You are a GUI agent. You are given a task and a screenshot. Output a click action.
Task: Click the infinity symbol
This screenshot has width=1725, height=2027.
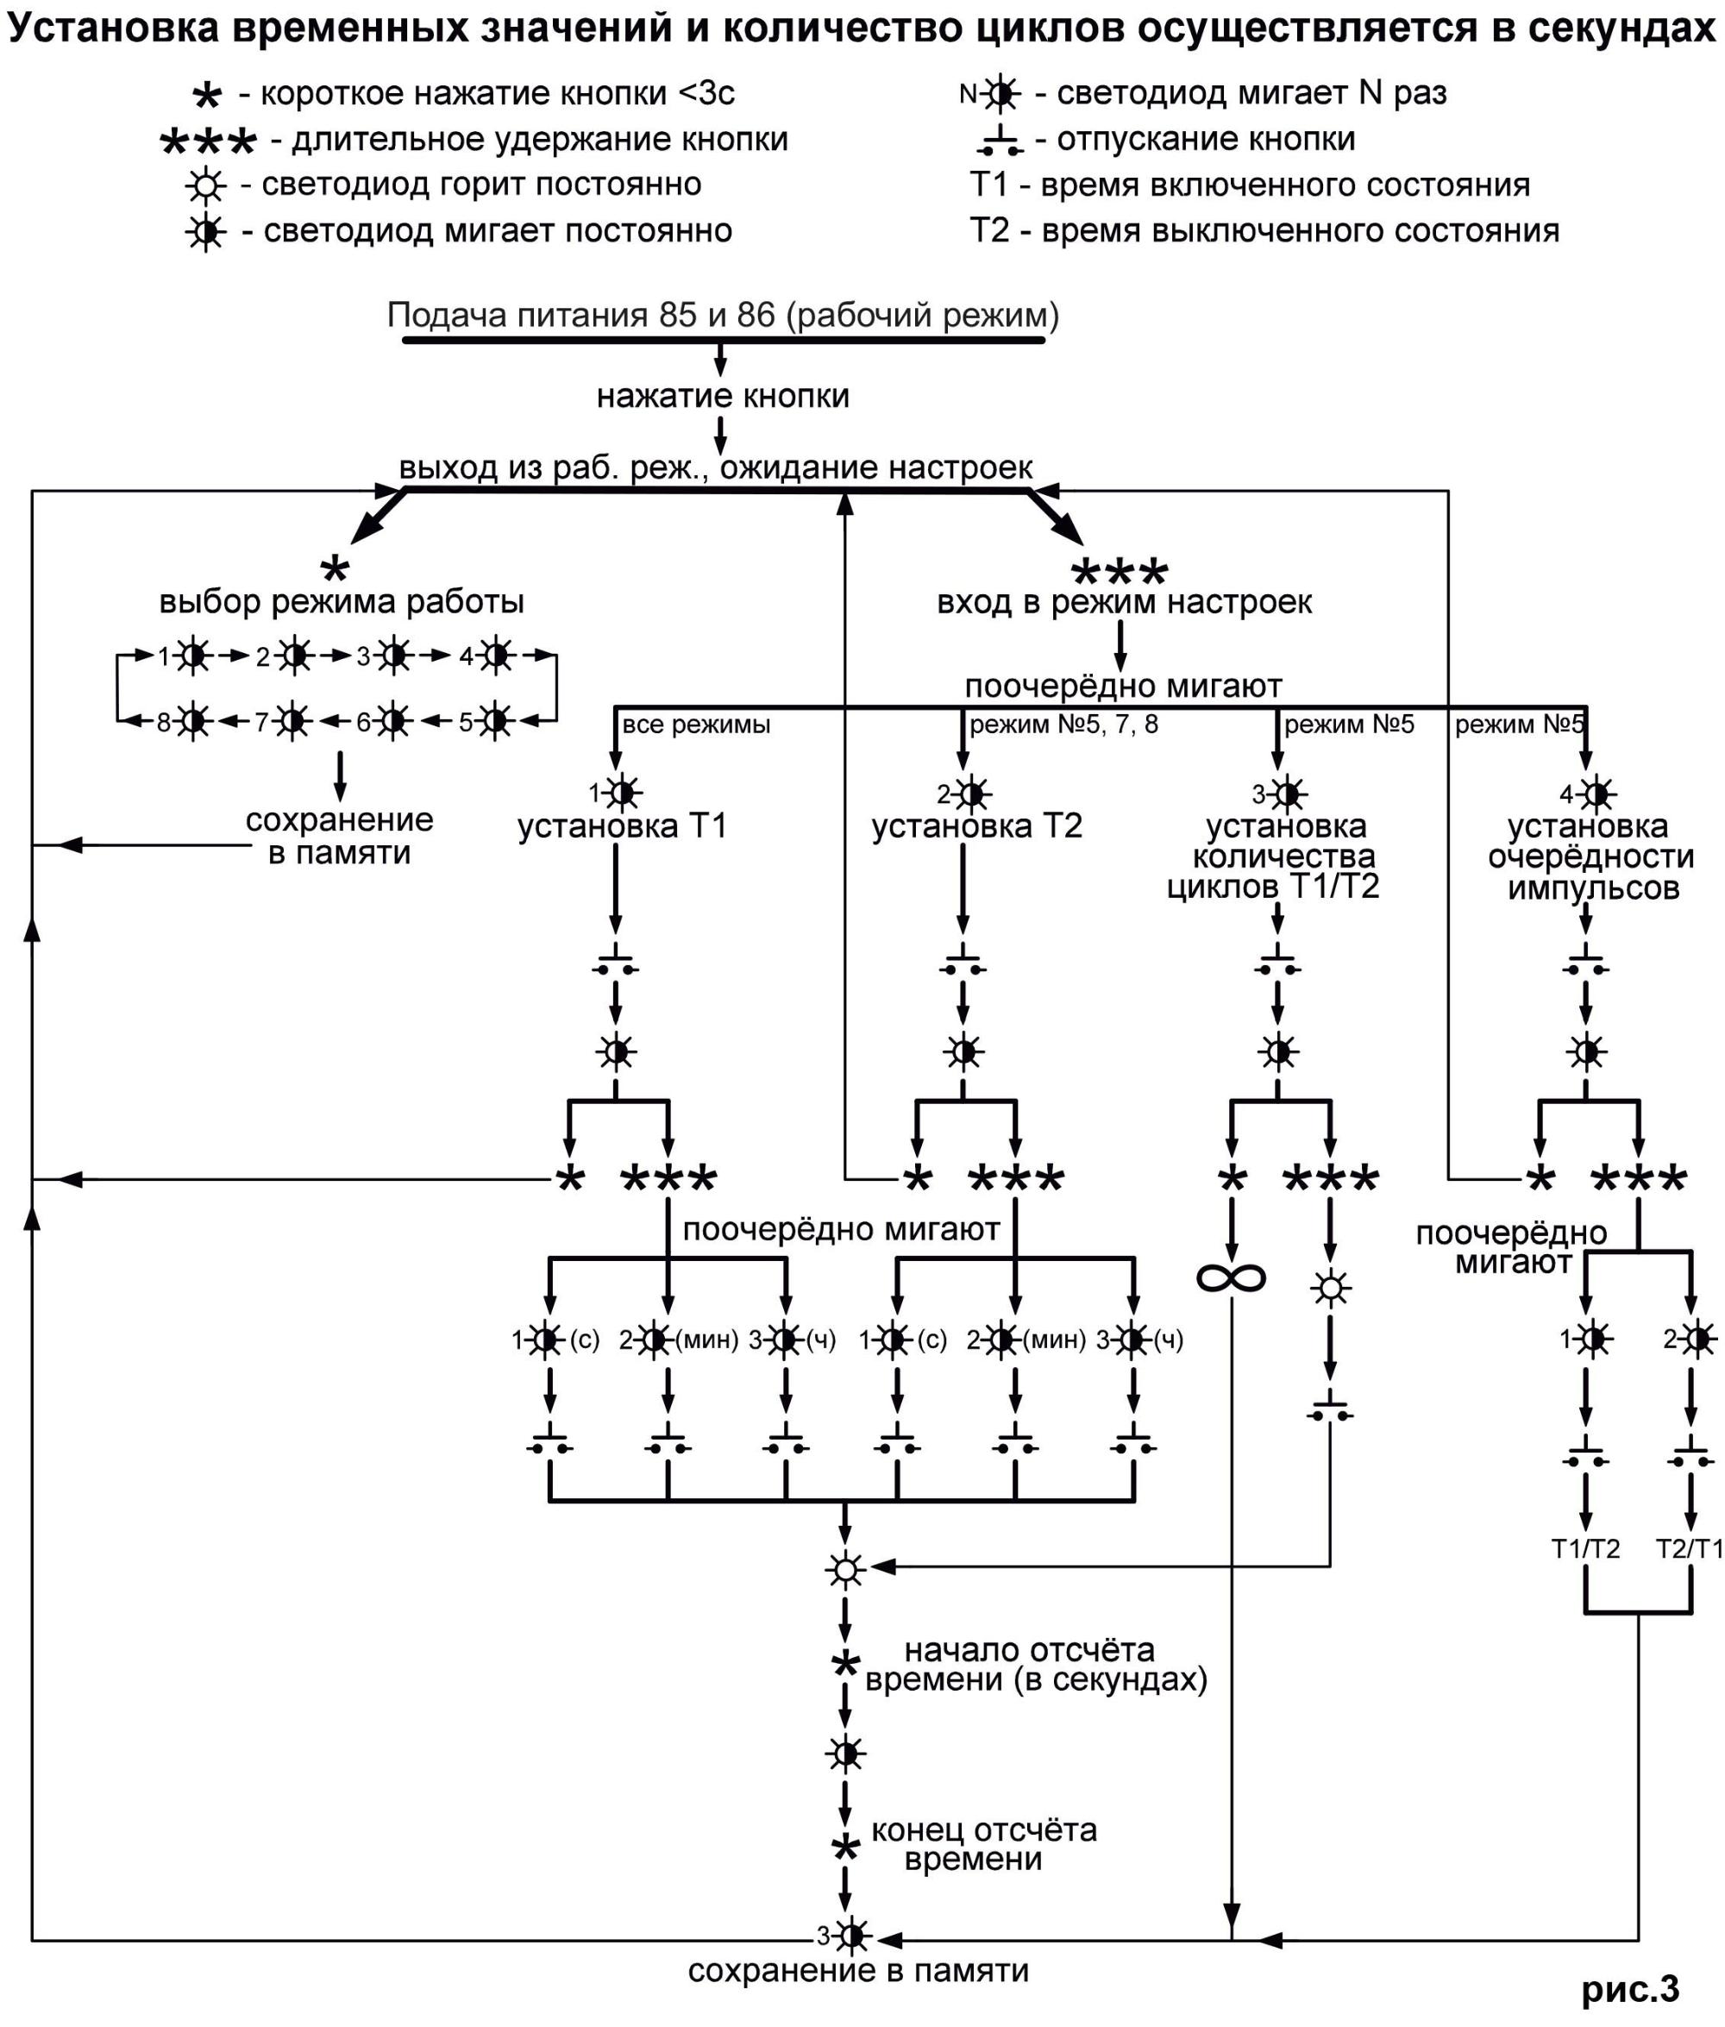(x=1231, y=1277)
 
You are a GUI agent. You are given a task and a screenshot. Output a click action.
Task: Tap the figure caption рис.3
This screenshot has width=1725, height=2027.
(x=1630, y=1988)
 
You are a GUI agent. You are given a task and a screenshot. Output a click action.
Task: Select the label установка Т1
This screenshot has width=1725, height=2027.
(x=622, y=826)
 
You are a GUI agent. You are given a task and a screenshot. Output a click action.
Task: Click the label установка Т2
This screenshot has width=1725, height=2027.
(x=977, y=826)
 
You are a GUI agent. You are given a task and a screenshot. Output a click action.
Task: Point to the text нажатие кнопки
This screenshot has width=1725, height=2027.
(x=723, y=396)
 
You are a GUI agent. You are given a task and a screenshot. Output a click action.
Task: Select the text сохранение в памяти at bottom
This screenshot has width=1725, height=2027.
(x=857, y=1970)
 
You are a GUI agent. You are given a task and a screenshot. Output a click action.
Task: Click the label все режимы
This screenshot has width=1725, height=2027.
(x=696, y=725)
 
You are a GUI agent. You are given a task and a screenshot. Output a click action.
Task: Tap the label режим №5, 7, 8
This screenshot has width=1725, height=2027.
(x=1063, y=725)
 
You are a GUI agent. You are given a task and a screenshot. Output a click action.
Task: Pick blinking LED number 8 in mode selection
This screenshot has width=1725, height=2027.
(x=193, y=722)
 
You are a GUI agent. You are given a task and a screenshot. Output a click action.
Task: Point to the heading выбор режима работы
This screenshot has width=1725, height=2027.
(x=342, y=601)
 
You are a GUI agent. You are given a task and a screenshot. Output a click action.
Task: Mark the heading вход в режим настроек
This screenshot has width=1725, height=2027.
(x=1124, y=601)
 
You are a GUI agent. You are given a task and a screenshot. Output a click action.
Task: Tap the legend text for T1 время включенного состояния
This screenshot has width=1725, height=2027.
(x=1250, y=185)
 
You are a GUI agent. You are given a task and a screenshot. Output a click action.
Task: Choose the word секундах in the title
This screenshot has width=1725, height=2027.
(x=1621, y=29)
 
